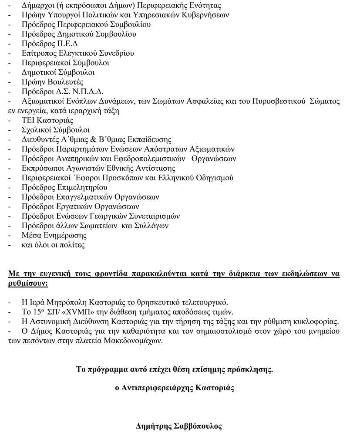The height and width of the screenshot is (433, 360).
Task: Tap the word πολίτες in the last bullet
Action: [73, 245]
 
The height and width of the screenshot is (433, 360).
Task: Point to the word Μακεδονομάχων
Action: [133, 341]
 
